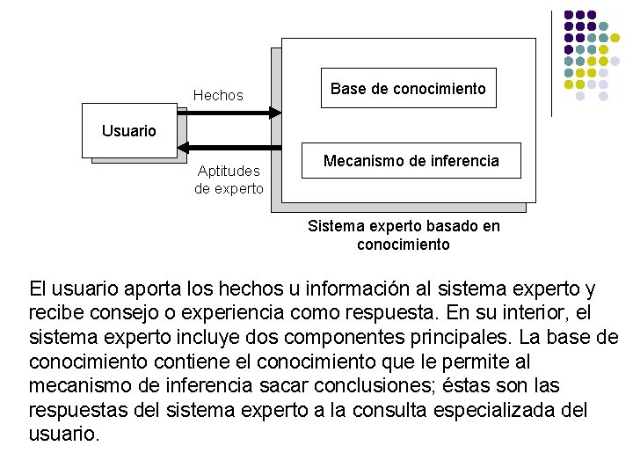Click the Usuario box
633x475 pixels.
[129, 131]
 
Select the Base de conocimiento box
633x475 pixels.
[408, 88]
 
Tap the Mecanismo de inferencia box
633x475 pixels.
[411, 161]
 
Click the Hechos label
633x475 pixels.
[218, 95]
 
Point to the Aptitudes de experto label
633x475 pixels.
[229, 179]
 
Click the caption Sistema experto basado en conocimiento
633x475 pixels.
[404, 235]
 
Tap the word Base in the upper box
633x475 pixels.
[346, 88]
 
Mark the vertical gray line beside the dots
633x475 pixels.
[551, 63]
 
